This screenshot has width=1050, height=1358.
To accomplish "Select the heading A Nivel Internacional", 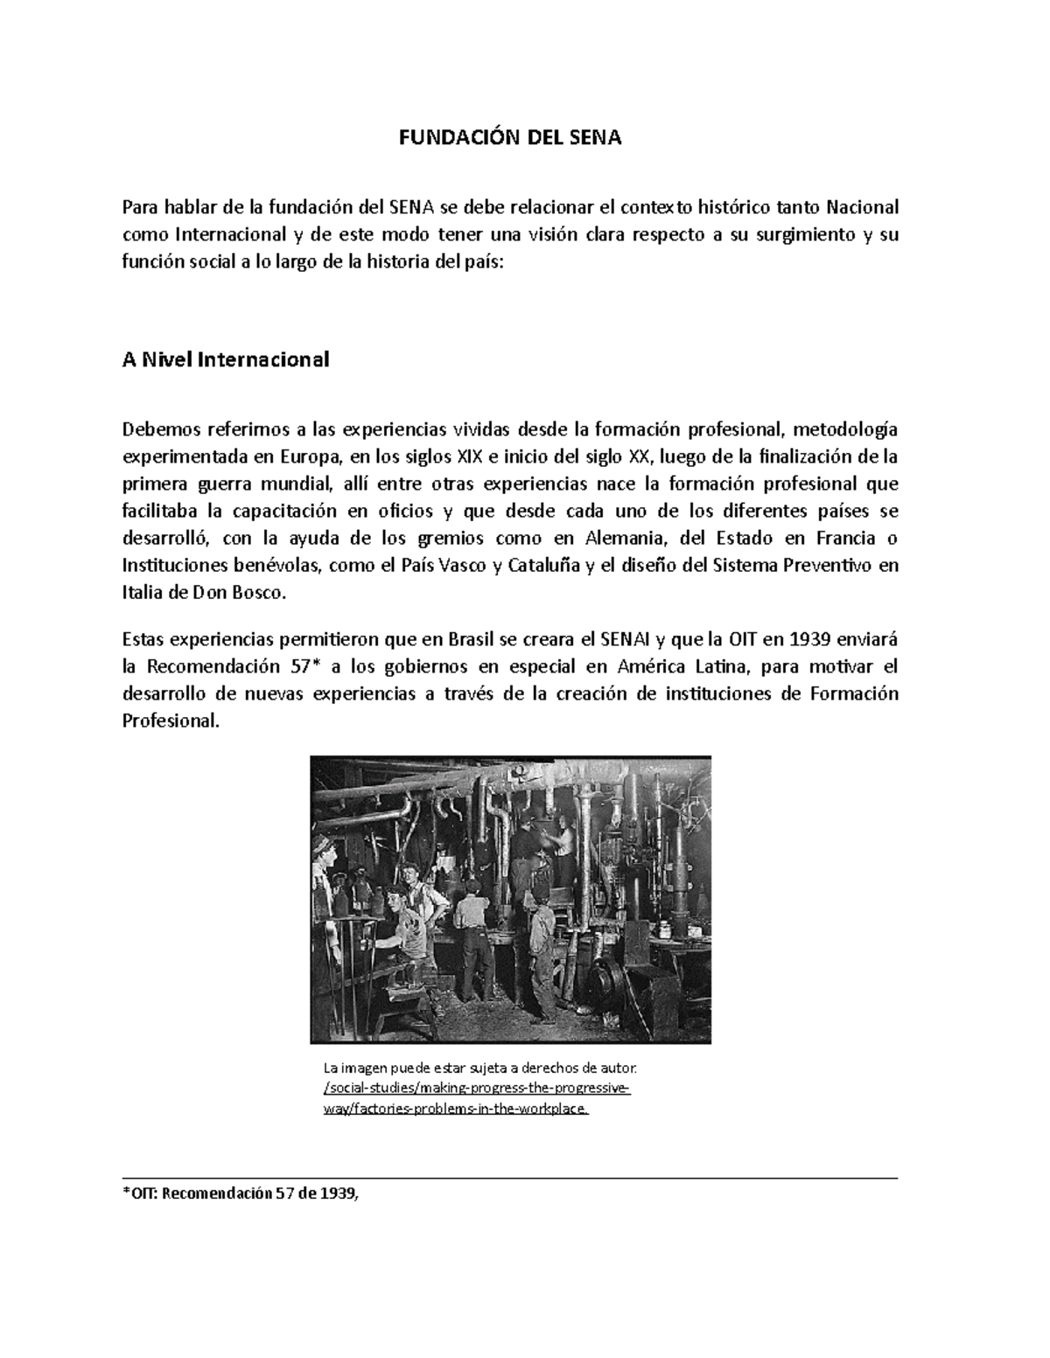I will (226, 359).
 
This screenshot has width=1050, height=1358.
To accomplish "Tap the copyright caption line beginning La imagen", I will (480, 1069).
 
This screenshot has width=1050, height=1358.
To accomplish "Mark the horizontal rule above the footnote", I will (509, 1179).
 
